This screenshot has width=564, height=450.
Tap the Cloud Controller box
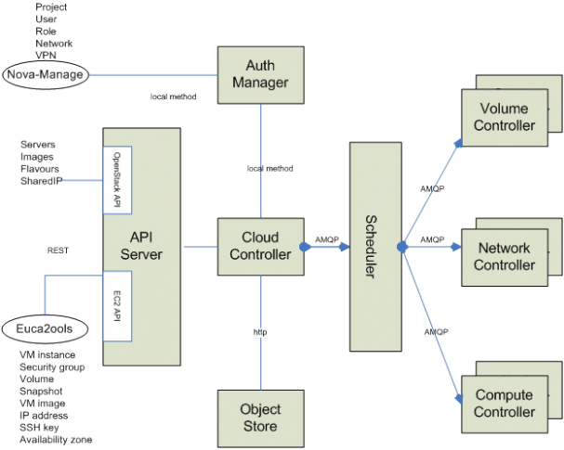tap(261, 246)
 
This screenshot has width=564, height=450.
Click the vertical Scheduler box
tap(374, 246)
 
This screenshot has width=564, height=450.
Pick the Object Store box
tap(261, 418)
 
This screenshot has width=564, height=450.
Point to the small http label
tap(260, 331)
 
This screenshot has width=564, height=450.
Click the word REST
tap(59, 251)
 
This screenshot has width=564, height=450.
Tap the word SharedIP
tap(40, 180)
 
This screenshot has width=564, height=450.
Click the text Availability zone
tap(56, 439)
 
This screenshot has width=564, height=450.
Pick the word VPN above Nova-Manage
tap(45, 55)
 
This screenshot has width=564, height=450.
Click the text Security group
tap(52, 367)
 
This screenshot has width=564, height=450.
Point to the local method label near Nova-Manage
tap(173, 96)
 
